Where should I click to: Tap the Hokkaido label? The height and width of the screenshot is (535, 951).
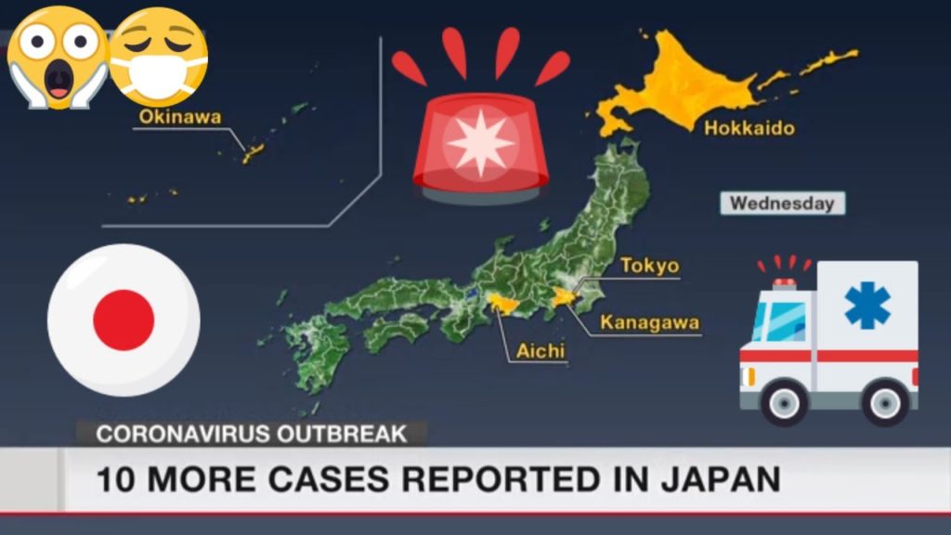pos(749,128)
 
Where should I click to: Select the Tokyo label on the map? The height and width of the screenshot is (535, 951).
pos(649,266)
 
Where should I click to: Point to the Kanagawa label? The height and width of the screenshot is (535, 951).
pos(650,323)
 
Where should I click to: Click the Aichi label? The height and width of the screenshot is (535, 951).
pos(535,352)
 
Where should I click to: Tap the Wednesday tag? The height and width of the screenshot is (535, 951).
pos(781,203)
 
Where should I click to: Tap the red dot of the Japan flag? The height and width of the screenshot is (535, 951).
pos(124,320)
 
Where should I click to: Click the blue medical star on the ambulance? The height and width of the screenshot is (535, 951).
pos(867,305)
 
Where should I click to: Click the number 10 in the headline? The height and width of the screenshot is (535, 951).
pos(118,479)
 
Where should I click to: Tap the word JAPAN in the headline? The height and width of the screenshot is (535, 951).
pos(723,479)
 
